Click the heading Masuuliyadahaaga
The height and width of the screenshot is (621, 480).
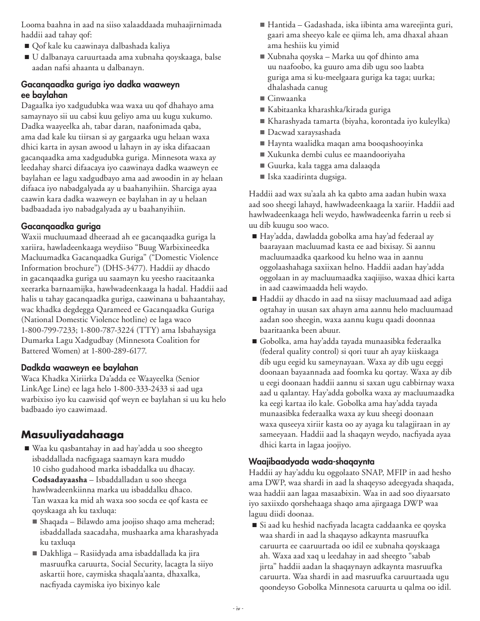[x=72, y=435]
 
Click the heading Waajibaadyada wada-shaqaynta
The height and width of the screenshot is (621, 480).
[x=311, y=461]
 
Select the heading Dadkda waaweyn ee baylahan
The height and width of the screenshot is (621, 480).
[x=79, y=368]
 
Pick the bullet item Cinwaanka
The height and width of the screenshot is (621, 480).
[x=286, y=98]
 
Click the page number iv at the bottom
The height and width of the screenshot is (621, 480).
[x=240, y=608]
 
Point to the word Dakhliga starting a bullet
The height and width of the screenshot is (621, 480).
[x=56, y=553]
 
